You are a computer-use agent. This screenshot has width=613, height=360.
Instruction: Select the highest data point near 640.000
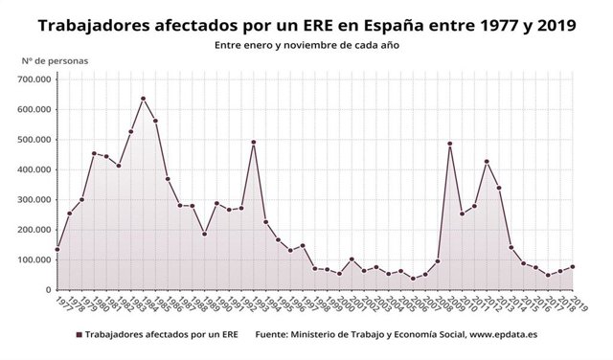coord(143,99)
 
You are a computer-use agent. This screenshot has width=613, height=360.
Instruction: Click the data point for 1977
coord(57,249)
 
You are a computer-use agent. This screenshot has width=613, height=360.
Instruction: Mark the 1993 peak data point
coord(254,143)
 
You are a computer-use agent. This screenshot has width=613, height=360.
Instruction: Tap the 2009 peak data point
coord(450,144)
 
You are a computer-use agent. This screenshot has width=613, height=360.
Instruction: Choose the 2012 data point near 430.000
coord(487,162)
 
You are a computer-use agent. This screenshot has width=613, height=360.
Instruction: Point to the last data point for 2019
coord(573,267)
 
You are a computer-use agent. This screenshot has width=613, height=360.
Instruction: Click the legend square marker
coord(78,334)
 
